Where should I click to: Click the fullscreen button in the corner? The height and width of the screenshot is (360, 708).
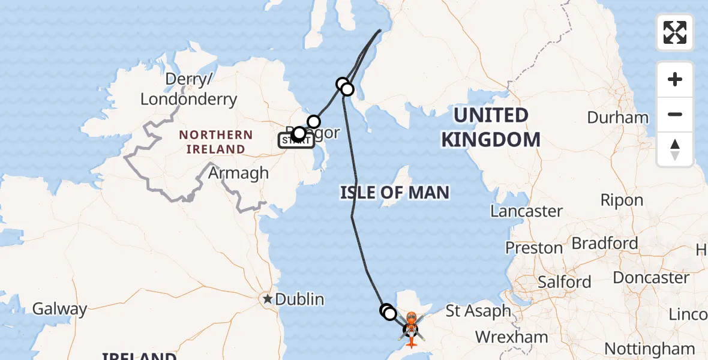point(675,32)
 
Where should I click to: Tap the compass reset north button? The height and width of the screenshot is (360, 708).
point(675,149)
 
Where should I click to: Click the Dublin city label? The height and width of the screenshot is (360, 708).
point(299,299)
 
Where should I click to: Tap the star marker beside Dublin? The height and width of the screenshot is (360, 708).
point(267,298)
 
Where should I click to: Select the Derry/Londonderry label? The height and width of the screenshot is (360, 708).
point(188,89)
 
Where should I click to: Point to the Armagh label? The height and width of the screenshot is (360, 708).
point(238,173)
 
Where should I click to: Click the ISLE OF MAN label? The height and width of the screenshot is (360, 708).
point(394,193)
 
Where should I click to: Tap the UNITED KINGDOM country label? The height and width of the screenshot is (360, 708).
point(491,127)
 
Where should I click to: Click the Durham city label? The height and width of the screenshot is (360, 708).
point(617,117)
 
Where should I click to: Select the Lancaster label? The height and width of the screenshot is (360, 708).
point(526,211)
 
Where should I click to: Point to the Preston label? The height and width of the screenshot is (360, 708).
point(533,248)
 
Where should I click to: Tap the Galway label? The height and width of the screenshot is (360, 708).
point(59,309)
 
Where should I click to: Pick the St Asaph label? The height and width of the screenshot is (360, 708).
point(478,311)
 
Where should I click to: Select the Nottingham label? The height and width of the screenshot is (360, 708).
point(649,348)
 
